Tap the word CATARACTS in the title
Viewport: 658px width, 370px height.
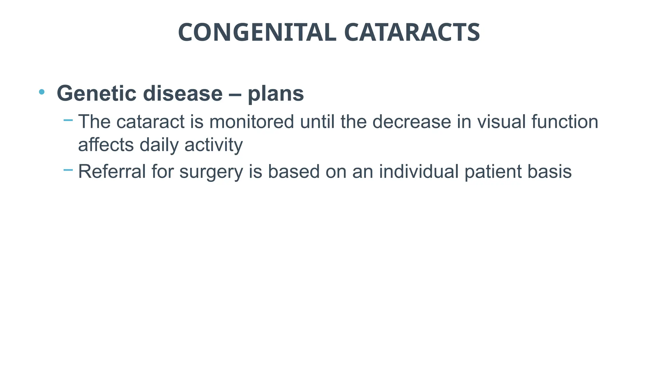[x=412, y=32]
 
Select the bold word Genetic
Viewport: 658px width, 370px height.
[x=96, y=93]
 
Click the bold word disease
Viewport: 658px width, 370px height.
[x=182, y=93]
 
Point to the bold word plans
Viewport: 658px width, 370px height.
[x=276, y=94]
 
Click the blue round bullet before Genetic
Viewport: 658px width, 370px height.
[x=41, y=92]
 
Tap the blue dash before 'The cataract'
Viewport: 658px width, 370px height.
[x=68, y=120]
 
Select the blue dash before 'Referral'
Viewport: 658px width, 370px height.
[x=68, y=170]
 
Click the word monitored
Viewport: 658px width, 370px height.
[x=252, y=122]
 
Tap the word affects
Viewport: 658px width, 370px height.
[x=106, y=145]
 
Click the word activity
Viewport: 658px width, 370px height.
[x=214, y=145]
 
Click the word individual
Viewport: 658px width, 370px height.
[x=419, y=171]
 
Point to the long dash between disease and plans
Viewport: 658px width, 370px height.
[x=235, y=94]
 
